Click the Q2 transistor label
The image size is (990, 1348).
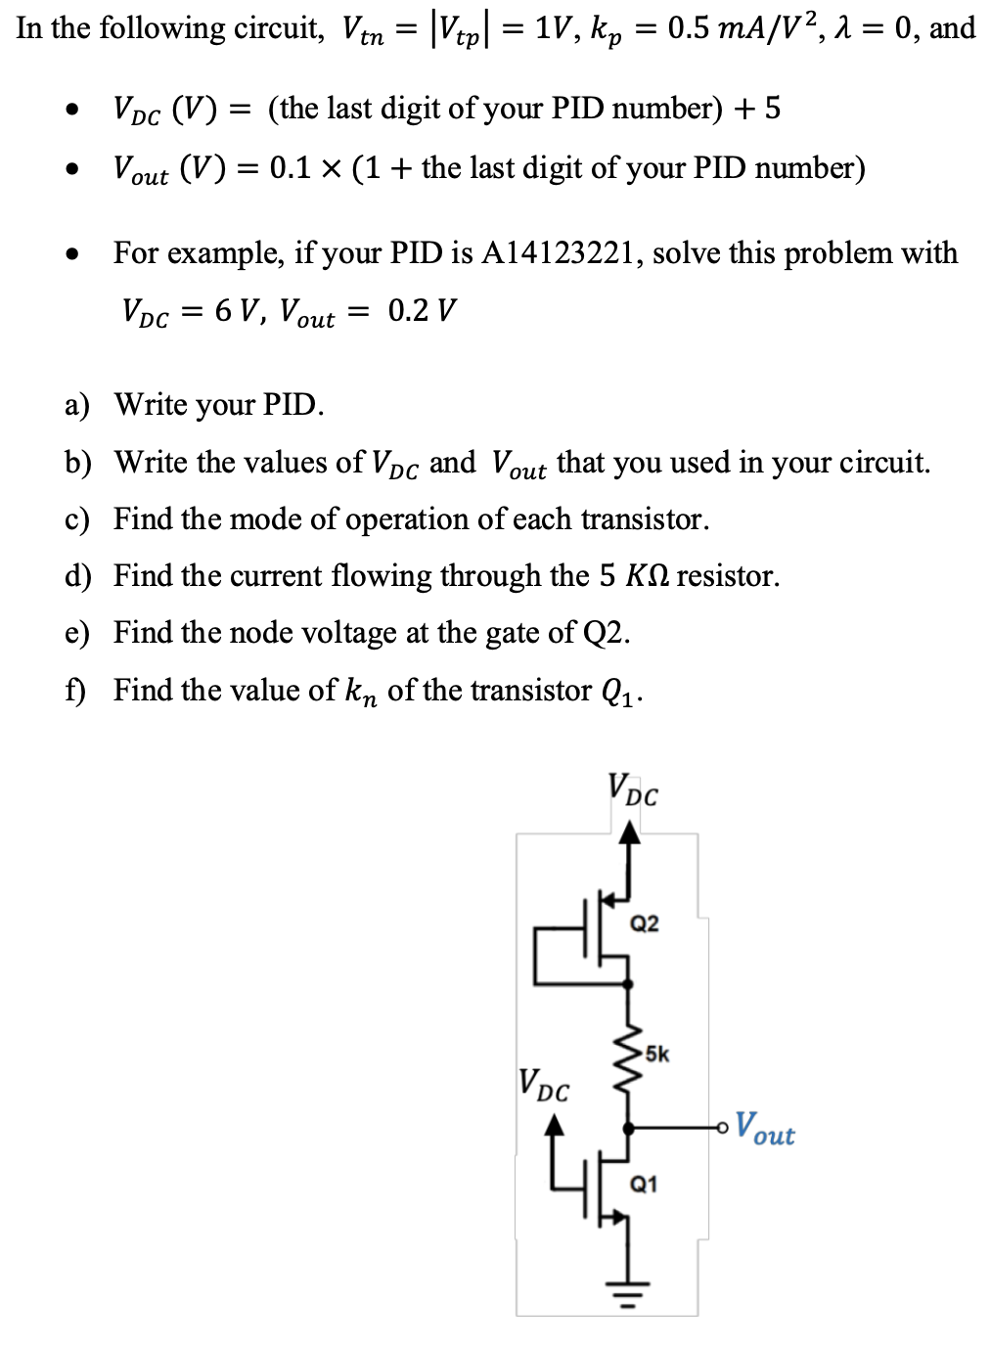pyautogui.click(x=644, y=923)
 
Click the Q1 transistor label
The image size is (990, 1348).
pyautogui.click(x=644, y=1185)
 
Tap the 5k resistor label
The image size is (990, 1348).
pyautogui.click(x=656, y=1055)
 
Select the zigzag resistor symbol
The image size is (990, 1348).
pyautogui.click(x=628, y=1055)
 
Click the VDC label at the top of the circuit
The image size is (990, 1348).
pyautogui.click(x=632, y=790)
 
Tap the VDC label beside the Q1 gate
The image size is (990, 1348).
pyautogui.click(x=543, y=1085)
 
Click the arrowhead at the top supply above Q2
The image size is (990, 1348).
pyautogui.click(x=631, y=832)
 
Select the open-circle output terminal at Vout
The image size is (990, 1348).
pyautogui.click(x=722, y=1128)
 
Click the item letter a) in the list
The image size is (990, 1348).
pyautogui.click(x=77, y=405)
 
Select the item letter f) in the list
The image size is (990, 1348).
pyautogui.click(x=75, y=691)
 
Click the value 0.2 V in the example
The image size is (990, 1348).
pyautogui.click(x=422, y=311)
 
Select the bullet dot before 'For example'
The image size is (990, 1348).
pyautogui.click(x=71, y=255)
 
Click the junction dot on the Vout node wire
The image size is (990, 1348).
pyautogui.click(x=628, y=1128)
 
